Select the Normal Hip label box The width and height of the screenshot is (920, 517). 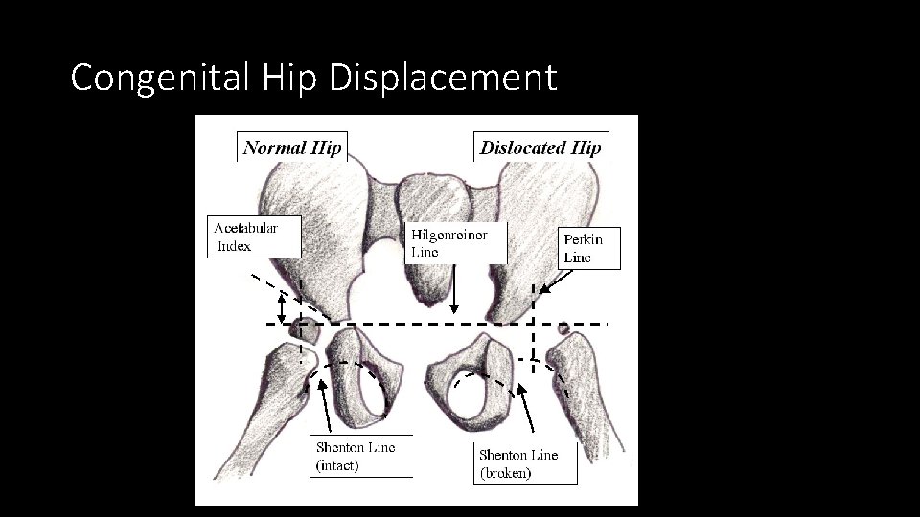pyautogui.click(x=289, y=147)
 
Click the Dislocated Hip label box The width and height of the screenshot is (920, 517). pyautogui.click(x=540, y=147)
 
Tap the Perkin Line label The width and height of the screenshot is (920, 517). pyautogui.click(x=588, y=248)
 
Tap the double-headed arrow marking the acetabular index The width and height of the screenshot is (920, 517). pyautogui.click(x=282, y=307)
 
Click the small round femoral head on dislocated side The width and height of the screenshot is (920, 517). pyautogui.click(x=563, y=328)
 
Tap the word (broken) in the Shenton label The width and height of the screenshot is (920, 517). pyautogui.click(x=505, y=473)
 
